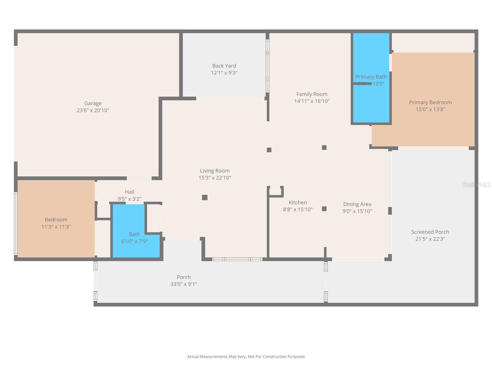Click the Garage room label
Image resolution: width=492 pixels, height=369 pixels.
(93, 103)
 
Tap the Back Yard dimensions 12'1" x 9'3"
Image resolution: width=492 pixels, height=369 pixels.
(224, 73)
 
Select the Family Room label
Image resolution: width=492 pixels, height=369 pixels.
(311, 94)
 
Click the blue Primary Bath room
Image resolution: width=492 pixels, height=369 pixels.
(371, 101)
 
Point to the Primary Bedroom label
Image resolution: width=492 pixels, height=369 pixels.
(430, 102)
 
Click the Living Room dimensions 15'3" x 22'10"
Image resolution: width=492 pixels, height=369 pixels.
(215, 178)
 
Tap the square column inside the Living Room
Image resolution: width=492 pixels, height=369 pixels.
(204, 197)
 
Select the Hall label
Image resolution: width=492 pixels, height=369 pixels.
(129, 192)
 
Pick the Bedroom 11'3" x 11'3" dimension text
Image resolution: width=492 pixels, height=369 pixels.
(56, 227)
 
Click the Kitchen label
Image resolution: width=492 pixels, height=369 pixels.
(298, 202)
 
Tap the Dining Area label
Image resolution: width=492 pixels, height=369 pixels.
(357, 204)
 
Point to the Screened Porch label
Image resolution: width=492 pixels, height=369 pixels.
(430, 232)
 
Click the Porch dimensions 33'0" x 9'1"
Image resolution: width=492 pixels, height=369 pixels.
(184, 284)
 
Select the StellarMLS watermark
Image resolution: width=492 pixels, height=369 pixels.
(476, 184)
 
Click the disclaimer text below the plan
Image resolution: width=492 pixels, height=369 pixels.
(246, 357)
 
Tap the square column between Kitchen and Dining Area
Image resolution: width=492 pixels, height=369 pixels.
(324, 209)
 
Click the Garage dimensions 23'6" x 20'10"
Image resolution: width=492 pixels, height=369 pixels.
(93, 110)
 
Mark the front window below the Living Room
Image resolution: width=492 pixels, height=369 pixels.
(237, 259)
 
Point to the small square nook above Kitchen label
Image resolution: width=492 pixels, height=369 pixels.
(276, 191)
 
